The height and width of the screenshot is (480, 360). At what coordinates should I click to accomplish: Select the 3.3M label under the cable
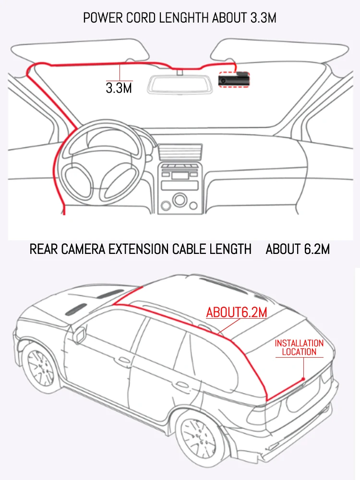(119, 88)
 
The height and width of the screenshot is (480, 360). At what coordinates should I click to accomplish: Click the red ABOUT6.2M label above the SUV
(237, 312)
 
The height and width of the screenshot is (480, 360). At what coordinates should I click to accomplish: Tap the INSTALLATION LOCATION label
(299, 348)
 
